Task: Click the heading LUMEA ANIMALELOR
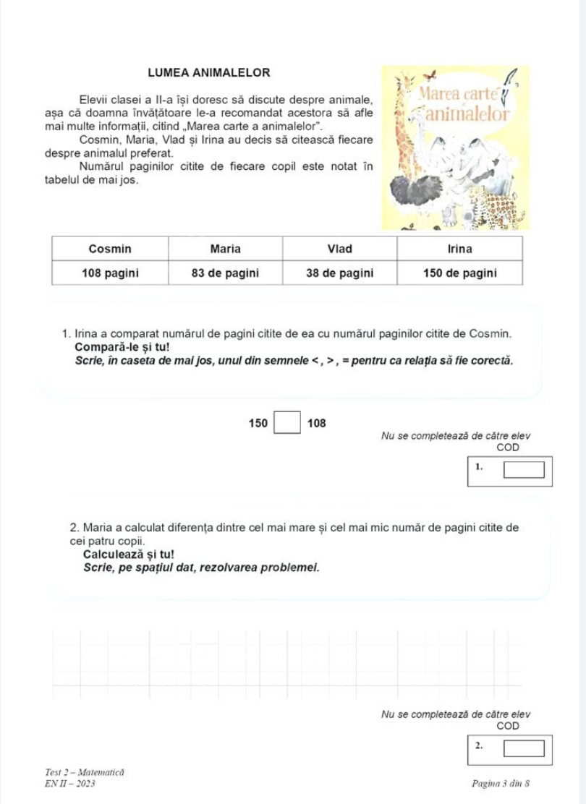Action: click(x=208, y=72)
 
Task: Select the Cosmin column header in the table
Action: click(x=110, y=249)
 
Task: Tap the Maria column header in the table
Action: click(x=225, y=249)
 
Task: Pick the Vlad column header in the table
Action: click(x=339, y=249)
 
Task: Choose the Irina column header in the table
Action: click(x=459, y=249)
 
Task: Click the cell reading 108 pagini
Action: click(x=110, y=273)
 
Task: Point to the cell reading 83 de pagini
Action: click(x=225, y=273)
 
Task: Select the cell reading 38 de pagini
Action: click(x=339, y=273)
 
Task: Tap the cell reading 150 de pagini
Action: click(x=459, y=273)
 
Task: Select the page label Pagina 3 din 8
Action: click(x=501, y=783)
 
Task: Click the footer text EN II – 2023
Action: click(x=69, y=783)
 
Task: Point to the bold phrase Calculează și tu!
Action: click(x=126, y=555)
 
